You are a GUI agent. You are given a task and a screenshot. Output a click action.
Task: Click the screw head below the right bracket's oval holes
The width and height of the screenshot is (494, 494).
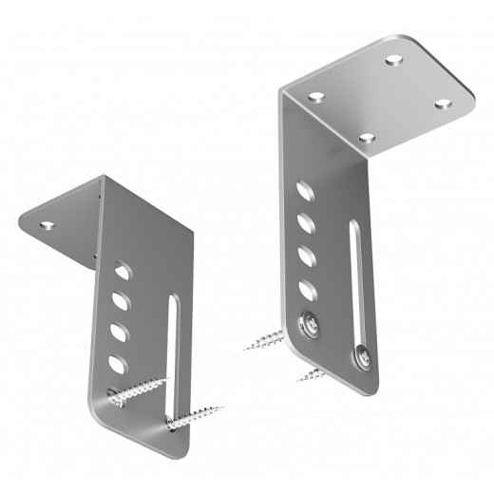[310, 323]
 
